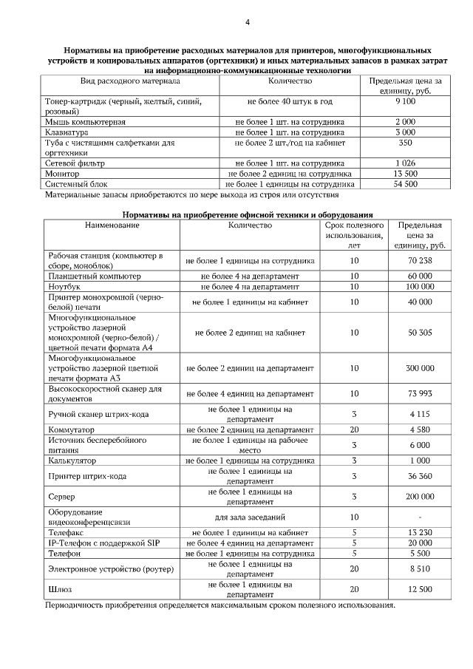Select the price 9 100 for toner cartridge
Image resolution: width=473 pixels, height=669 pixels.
pyautogui.click(x=406, y=101)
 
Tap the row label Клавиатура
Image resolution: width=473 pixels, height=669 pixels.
pyautogui.click(x=67, y=132)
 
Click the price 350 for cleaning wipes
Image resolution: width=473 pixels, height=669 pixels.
pyautogui.click(x=405, y=142)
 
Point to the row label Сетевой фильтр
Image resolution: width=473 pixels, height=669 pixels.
pyautogui.click(x=75, y=163)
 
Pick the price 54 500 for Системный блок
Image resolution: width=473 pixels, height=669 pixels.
pyautogui.click(x=406, y=184)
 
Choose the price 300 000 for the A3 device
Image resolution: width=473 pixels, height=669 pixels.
pyautogui.click(x=420, y=367)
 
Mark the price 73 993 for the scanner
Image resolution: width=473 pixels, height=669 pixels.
pyautogui.click(x=420, y=393)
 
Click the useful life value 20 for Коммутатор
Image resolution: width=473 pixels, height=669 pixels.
pyautogui.click(x=354, y=429)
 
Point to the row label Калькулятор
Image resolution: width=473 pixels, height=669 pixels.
pyautogui.click(x=73, y=461)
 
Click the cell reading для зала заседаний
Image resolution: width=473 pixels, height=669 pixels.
pyautogui.click(x=250, y=517)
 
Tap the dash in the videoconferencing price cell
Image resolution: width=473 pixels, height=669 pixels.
pyautogui.click(x=420, y=517)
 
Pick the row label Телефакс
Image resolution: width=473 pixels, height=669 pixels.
pyautogui.click(x=66, y=532)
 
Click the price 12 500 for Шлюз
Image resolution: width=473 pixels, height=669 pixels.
pyautogui.click(x=420, y=588)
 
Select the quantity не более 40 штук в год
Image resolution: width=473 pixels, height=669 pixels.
pyautogui.click(x=290, y=101)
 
